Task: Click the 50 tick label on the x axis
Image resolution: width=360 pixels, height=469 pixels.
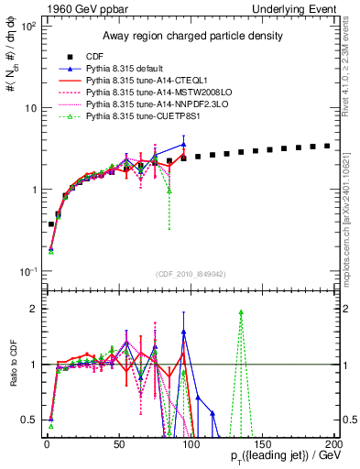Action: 118,442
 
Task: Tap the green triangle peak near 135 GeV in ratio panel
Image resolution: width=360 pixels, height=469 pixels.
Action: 241,312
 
